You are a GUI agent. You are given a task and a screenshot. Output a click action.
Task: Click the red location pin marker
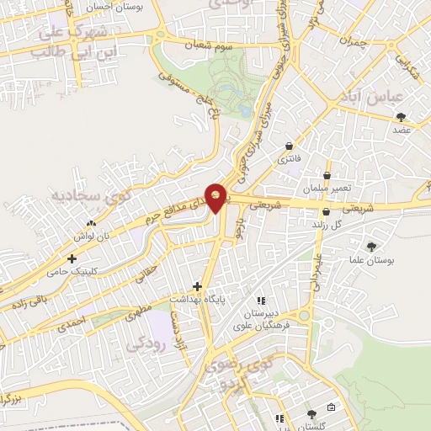click(x=217, y=197)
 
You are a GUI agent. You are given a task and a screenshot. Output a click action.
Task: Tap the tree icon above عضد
click(x=401, y=118)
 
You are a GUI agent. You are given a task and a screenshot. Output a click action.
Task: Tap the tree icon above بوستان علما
click(x=371, y=247)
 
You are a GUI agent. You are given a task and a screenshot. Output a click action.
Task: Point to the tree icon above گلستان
click(x=311, y=413)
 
